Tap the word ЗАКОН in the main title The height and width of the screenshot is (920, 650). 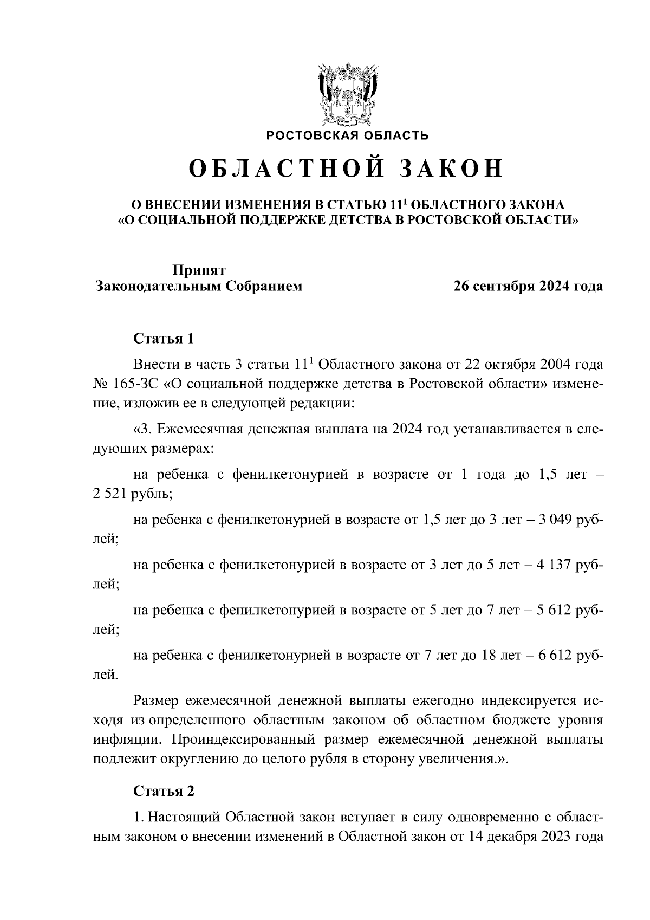point(451,169)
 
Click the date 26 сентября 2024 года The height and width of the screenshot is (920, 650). point(528,286)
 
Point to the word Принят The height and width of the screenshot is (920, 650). point(199,270)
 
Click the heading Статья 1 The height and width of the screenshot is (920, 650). point(164,339)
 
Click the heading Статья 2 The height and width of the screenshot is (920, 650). point(164,791)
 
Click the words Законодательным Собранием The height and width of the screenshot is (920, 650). point(199,286)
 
